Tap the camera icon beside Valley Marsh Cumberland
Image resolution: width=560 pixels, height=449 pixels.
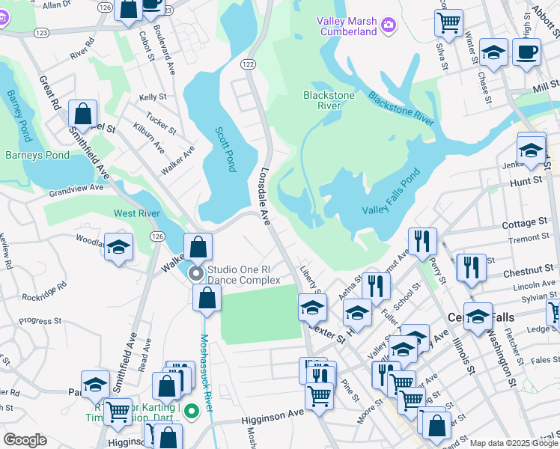point(388,27)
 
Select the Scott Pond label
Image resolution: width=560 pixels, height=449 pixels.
point(225,149)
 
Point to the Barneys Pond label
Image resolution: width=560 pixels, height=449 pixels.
point(37,156)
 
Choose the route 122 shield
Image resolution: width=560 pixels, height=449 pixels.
point(248,66)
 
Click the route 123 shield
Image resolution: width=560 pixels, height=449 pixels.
point(41,33)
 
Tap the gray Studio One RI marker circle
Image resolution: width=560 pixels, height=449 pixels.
point(196,273)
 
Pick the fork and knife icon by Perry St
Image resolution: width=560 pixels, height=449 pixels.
point(422,240)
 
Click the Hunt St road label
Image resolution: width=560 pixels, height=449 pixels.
point(525,181)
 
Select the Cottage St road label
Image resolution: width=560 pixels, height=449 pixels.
point(524,223)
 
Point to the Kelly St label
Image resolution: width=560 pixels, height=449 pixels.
point(152,97)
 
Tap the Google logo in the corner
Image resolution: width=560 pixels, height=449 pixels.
point(25,440)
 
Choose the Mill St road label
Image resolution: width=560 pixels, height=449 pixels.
point(545,88)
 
